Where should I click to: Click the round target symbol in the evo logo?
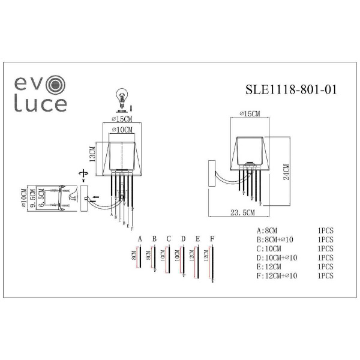click(56, 84)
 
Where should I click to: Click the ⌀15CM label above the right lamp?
click(248, 113)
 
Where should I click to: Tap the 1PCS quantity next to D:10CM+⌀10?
click(325, 257)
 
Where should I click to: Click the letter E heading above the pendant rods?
click(197, 238)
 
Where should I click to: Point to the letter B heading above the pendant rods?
click(154, 238)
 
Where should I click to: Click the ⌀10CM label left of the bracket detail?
click(22, 198)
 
